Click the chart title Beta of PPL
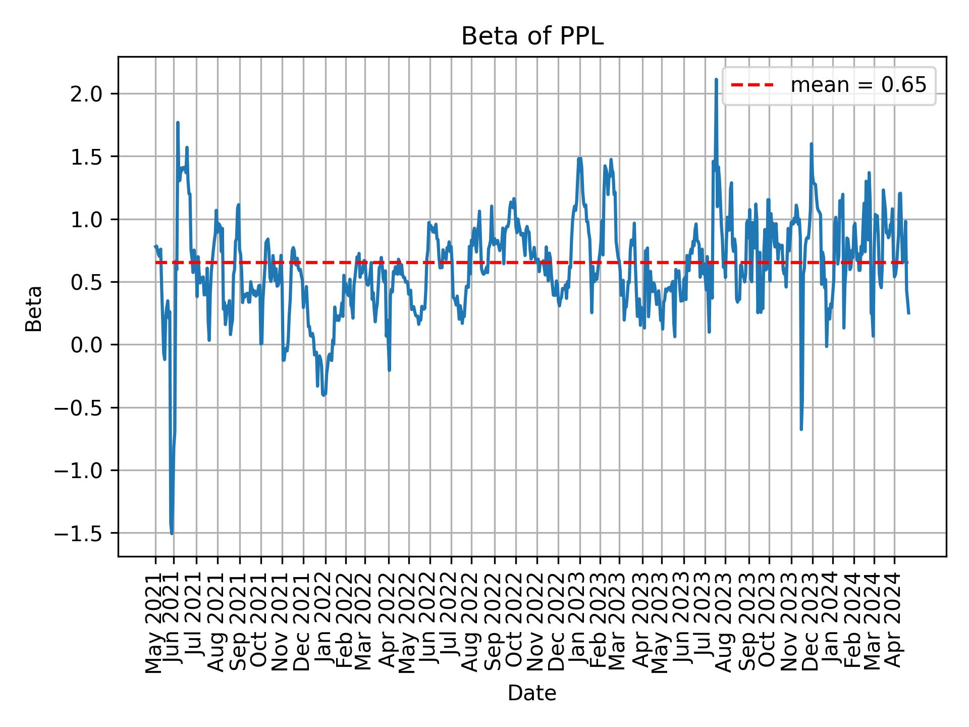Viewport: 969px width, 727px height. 532,37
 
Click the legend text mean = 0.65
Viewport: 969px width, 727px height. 858,85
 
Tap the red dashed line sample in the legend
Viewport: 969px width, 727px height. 752,85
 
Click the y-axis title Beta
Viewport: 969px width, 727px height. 34,308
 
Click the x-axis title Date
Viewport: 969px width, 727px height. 532,693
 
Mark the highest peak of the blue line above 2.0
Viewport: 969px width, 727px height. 716,80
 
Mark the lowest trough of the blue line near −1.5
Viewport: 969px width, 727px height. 172,533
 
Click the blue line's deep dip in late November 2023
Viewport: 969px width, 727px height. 801,429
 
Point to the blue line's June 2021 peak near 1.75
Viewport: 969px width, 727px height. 178,123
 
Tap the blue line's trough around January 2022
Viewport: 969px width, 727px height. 324,395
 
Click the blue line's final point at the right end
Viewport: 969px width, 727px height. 908,313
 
